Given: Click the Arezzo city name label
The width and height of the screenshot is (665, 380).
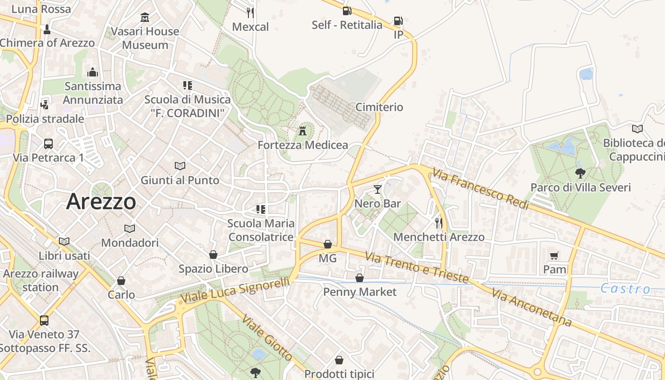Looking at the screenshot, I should pyautogui.click(x=101, y=201).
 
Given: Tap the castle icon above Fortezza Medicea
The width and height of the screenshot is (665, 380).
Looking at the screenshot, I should pyautogui.click(x=303, y=131).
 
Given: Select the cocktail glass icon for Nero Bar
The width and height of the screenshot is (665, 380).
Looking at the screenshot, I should pyautogui.click(x=378, y=190).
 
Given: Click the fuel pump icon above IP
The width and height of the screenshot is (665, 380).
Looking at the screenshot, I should pyautogui.click(x=398, y=21).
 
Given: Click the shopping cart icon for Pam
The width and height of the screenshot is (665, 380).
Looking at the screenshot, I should pyautogui.click(x=554, y=256).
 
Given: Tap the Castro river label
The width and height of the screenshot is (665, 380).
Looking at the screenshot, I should pyautogui.click(x=625, y=288).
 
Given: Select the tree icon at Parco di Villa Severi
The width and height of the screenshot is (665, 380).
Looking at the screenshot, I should pyautogui.click(x=580, y=173).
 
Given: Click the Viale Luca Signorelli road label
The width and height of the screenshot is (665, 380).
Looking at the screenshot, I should pyautogui.click(x=235, y=290).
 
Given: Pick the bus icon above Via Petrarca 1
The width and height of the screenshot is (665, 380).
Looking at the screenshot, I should pyautogui.click(x=48, y=143).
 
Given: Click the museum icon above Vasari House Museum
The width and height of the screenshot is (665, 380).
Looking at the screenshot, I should pyautogui.click(x=145, y=18).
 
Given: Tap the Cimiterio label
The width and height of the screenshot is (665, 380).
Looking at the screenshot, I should pyautogui.click(x=379, y=107).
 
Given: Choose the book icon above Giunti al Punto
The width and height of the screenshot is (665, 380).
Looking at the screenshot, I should pyautogui.click(x=180, y=166).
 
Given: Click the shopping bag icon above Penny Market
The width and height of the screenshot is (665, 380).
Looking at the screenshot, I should pyautogui.click(x=360, y=278).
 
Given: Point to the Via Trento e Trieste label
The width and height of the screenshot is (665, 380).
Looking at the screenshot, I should pyautogui.click(x=417, y=267).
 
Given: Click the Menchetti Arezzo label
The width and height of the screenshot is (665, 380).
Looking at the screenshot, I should pyautogui.click(x=439, y=237).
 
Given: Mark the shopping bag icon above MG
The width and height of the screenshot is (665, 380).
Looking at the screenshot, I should pyautogui.click(x=328, y=244).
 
